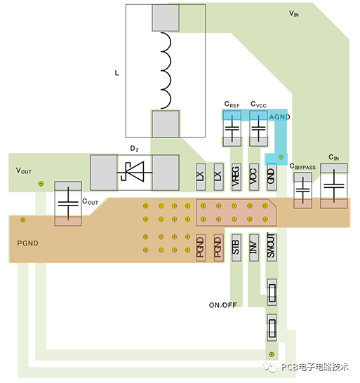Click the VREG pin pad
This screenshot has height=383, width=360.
236,177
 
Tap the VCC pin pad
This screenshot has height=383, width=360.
254,177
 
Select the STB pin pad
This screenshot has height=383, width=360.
236,248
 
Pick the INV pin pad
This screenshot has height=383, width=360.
254,248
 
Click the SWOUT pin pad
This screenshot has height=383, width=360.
272,248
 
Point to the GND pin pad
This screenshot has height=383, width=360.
272,177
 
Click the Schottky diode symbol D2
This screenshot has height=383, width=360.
135,173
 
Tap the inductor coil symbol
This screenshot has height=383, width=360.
166,70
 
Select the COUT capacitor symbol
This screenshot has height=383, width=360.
68,203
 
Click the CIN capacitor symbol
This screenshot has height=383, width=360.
334,186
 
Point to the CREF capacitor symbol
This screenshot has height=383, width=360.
232,128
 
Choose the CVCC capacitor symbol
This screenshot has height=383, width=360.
258,128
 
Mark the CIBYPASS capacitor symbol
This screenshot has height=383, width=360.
303,190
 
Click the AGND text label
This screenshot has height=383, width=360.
279,117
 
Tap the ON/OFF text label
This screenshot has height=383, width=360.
222,305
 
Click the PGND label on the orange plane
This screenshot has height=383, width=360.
27,243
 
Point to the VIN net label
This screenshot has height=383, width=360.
294,13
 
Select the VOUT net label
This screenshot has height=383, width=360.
24,170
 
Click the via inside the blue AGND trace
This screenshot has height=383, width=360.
281,157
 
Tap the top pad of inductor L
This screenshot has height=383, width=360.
166,18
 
